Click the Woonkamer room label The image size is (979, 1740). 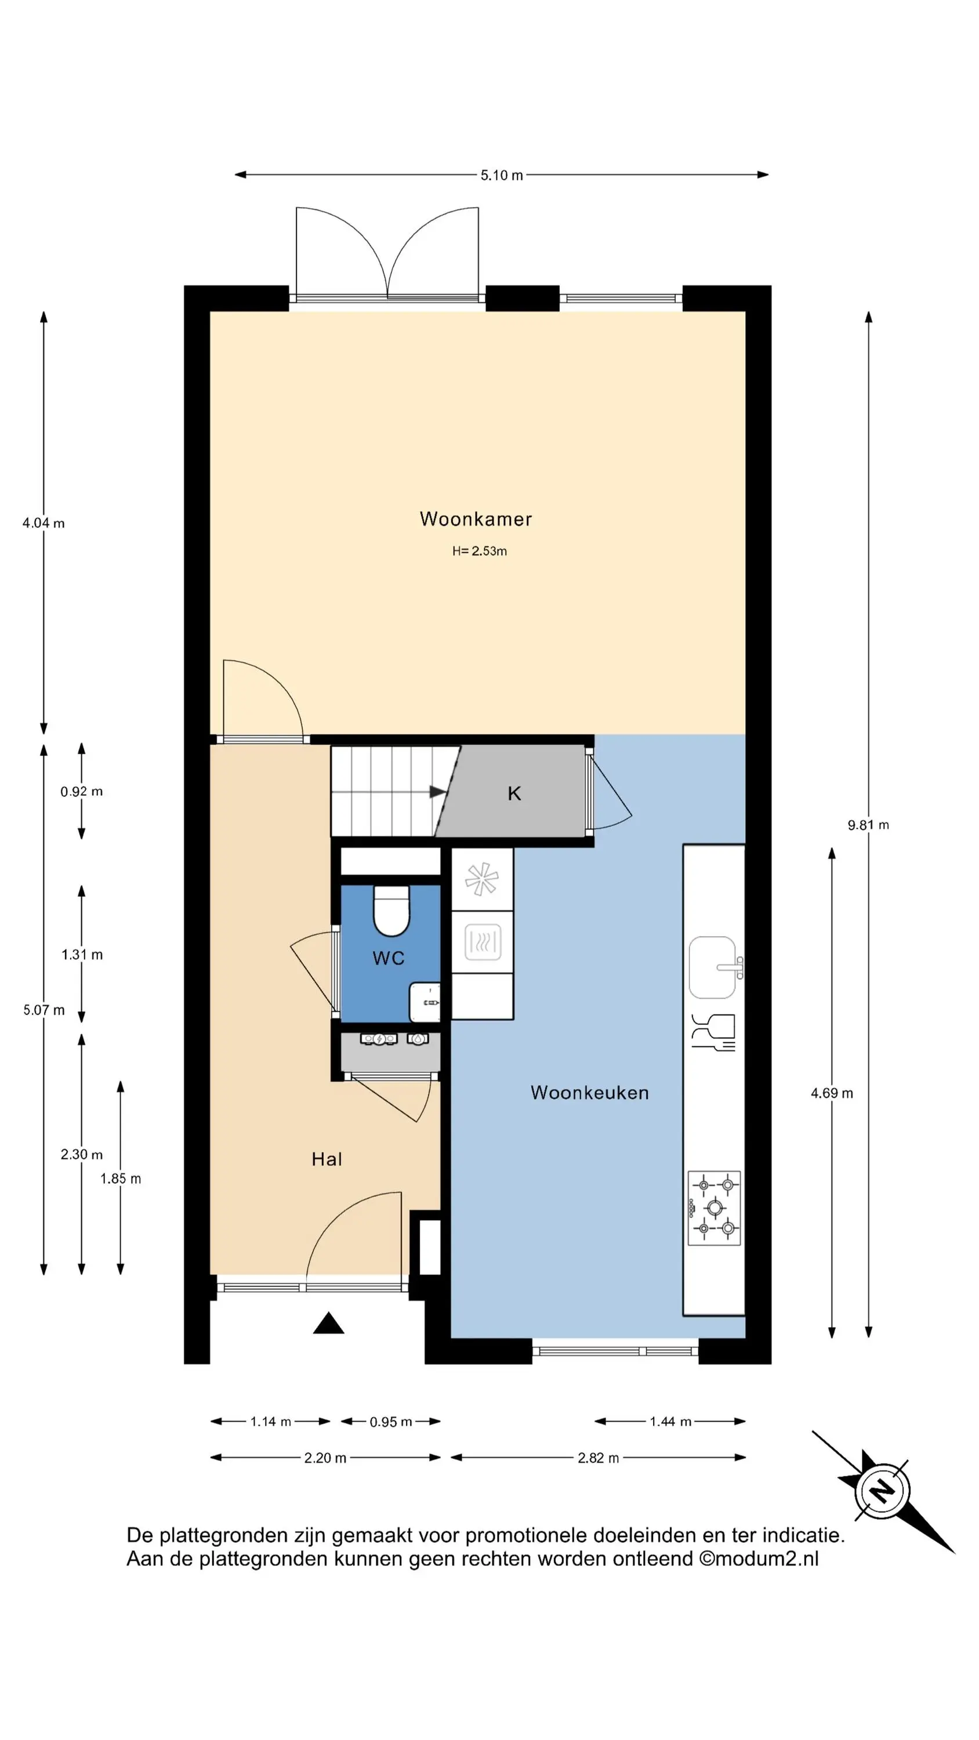click(x=476, y=519)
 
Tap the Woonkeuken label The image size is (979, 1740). click(x=589, y=1092)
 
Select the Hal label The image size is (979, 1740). click(x=327, y=1159)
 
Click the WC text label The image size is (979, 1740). click(x=389, y=958)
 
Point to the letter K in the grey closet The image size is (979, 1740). click(x=514, y=793)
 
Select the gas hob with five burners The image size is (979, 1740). click(x=714, y=1208)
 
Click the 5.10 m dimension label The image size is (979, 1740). click(x=501, y=175)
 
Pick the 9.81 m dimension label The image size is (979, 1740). click(x=868, y=825)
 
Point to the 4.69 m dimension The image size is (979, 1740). click(x=832, y=1093)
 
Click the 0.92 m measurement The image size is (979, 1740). click(x=82, y=792)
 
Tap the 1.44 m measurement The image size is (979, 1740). click(x=670, y=1421)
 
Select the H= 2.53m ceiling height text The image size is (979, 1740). click(x=479, y=551)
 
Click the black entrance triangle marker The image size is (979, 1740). click(x=328, y=1322)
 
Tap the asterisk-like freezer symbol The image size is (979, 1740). click(x=482, y=879)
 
